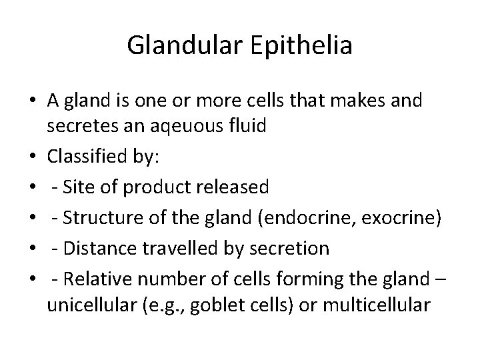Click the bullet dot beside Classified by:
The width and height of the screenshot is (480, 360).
33,158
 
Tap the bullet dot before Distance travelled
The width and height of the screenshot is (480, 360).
33,249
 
